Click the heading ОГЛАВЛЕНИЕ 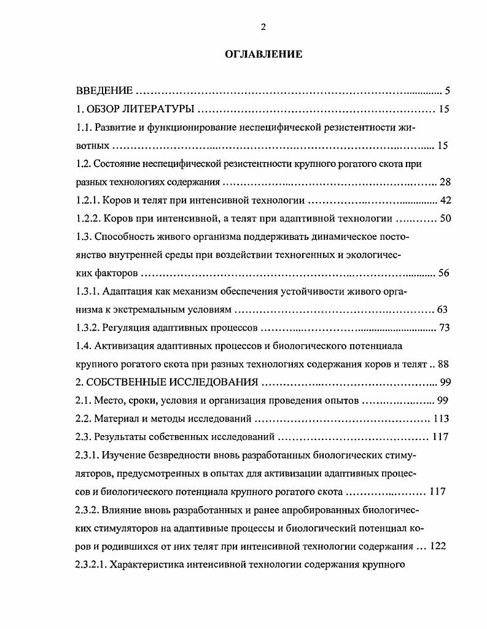(x=263, y=55)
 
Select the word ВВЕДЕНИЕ (x=104, y=91)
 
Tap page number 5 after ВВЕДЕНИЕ (x=448, y=91)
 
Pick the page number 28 (x=445, y=182)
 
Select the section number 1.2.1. (x=87, y=200)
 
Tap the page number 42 (x=445, y=200)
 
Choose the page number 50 (x=445, y=218)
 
